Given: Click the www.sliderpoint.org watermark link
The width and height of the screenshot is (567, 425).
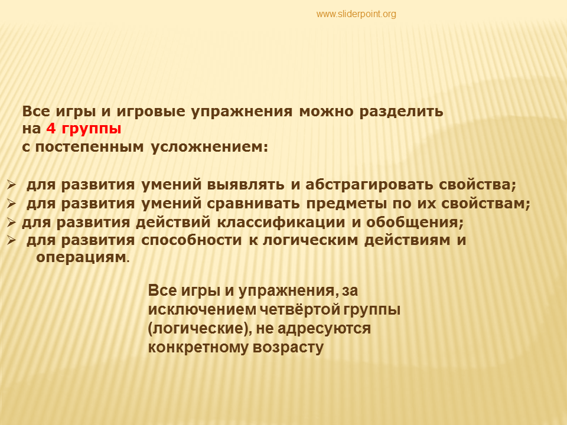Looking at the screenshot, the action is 356,14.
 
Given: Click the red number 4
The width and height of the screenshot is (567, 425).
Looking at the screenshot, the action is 51,128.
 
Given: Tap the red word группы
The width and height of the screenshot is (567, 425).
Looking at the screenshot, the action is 92,129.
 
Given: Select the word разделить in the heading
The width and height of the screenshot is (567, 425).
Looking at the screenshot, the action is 401,112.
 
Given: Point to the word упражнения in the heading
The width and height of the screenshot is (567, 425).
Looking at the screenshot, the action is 242,112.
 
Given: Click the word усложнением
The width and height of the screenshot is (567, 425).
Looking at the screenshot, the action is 209,148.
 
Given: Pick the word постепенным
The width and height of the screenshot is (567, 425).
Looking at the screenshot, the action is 89,147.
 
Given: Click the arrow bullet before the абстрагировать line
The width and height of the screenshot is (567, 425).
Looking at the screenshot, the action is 11,185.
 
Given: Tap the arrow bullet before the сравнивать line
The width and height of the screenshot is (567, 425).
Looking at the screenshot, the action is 11,204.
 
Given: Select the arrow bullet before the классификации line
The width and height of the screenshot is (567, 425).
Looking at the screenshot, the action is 11,223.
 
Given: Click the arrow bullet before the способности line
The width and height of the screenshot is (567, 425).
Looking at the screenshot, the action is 11,240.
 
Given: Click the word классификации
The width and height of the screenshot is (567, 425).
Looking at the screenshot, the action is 281,223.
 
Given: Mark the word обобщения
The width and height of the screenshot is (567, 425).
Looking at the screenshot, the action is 415,223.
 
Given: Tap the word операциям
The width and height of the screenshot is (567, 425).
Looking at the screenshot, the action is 81,258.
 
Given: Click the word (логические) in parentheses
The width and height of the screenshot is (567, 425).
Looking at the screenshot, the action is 200,329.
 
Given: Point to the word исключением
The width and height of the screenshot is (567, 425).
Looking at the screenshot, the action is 203,310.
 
